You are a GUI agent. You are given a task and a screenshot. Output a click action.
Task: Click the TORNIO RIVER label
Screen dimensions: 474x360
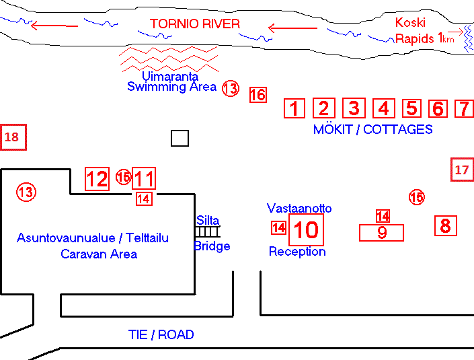click(195, 24)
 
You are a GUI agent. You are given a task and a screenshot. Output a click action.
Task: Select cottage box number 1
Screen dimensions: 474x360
click(294, 108)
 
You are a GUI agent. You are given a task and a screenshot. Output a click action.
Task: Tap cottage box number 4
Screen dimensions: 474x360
click(384, 108)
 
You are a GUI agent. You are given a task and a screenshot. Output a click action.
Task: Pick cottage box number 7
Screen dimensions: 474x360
click(465, 108)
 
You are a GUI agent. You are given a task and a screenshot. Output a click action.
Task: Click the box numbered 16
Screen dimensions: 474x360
click(258, 95)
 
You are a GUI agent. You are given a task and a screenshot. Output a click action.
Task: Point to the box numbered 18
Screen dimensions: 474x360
click(13, 137)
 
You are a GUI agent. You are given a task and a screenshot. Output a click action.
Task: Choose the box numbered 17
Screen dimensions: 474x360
click(462, 170)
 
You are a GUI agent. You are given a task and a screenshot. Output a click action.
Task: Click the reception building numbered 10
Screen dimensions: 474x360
click(306, 229)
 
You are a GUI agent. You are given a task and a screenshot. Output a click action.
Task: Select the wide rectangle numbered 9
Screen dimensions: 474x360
click(381, 233)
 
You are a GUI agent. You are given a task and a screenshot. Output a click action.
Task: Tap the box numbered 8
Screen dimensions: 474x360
click(446, 225)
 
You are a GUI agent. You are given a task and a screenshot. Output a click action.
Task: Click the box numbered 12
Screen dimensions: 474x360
click(97, 179)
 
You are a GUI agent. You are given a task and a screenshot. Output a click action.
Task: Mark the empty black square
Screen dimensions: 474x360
click(180, 138)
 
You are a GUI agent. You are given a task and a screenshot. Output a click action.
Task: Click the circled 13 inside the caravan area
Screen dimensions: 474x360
click(26, 192)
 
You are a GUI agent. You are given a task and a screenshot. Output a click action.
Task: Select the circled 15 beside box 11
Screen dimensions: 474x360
click(124, 177)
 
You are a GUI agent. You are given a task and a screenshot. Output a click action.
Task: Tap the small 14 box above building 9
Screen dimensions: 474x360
click(383, 216)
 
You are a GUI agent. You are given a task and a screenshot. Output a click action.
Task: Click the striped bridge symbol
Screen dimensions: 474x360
click(207, 231)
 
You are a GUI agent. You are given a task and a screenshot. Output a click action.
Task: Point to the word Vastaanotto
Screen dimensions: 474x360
click(299, 208)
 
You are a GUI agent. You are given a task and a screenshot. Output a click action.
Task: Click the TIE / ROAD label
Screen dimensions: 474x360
click(161, 334)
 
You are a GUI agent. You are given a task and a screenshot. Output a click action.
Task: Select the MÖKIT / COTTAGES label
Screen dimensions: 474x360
click(372, 129)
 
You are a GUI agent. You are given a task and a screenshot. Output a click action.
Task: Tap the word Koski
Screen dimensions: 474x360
click(410, 23)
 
